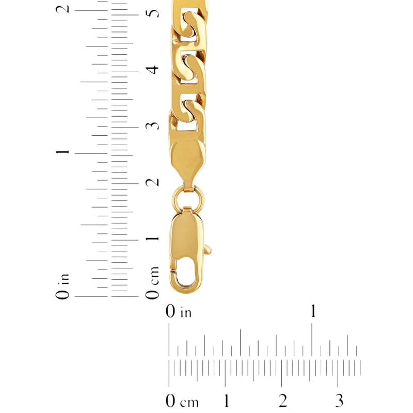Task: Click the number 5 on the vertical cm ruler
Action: point(152,13)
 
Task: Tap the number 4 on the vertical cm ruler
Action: point(152,70)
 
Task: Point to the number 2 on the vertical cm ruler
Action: point(152,182)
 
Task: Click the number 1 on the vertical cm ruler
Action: point(152,239)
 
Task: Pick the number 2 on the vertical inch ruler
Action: point(62,9)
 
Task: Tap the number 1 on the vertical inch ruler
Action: point(62,152)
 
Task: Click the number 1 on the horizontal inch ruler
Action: point(313,311)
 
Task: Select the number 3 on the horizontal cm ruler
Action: point(339,401)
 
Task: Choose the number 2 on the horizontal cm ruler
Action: point(283,401)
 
